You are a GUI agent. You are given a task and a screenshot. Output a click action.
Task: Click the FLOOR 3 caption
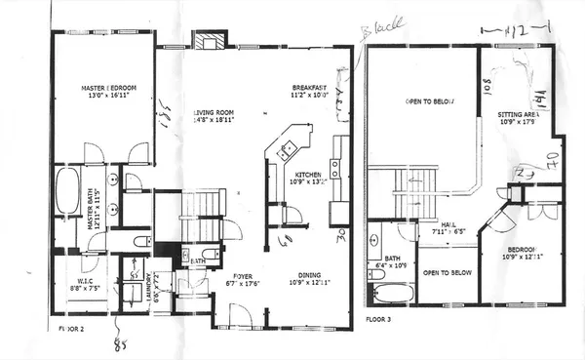pyautogui.click(x=379, y=318)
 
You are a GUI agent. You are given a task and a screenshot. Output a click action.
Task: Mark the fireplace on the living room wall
pyautogui.click(x=207, y=41)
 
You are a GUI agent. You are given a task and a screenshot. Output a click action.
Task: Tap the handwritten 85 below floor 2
pyautogui.click(x=122, y=342)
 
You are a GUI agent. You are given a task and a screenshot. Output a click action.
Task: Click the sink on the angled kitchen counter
pyautogui.click(x=288, y=149)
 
